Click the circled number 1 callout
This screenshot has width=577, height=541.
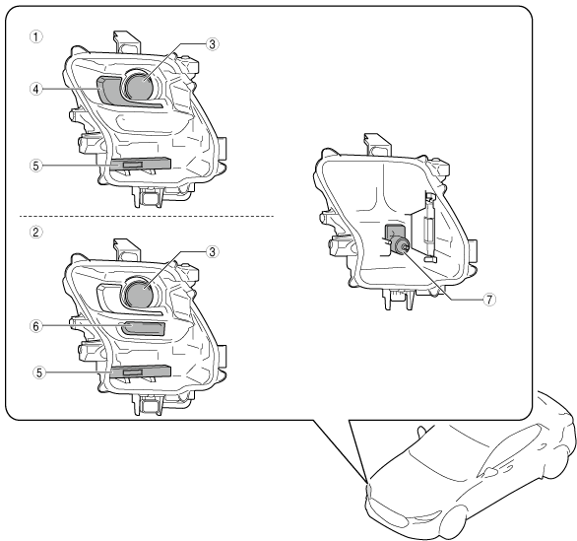coord(35,36)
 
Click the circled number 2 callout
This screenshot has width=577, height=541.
coord(35,232)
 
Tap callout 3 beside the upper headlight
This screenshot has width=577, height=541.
coord(212,44)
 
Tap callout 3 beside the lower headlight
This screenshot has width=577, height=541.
coord(212,252)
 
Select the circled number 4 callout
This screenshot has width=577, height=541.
coord(35,89)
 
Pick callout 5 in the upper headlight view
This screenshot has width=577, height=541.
coord(35,166)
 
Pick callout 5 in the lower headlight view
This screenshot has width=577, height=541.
coord(38,372)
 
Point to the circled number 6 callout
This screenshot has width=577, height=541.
coord(35,326)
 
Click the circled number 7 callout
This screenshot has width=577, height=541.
coord(489,300)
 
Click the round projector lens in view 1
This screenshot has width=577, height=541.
coord(139,86)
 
